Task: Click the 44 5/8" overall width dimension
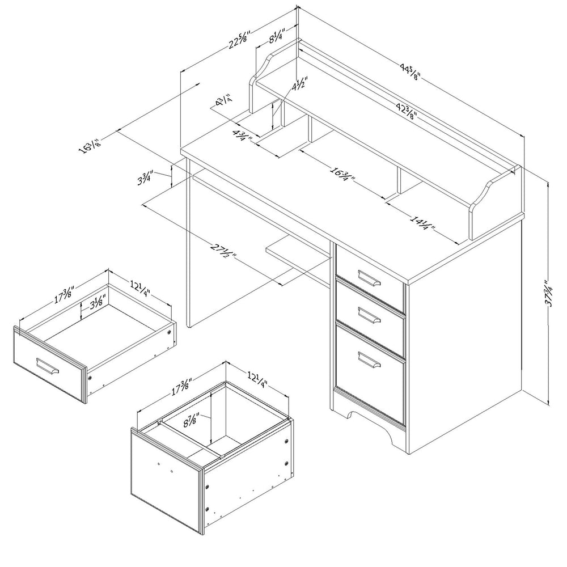point(409,71)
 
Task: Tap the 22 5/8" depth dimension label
point(239,40)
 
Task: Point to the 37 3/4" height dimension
point(549,294)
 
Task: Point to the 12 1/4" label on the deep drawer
point(257,379)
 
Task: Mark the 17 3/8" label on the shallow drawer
point(65,295)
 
